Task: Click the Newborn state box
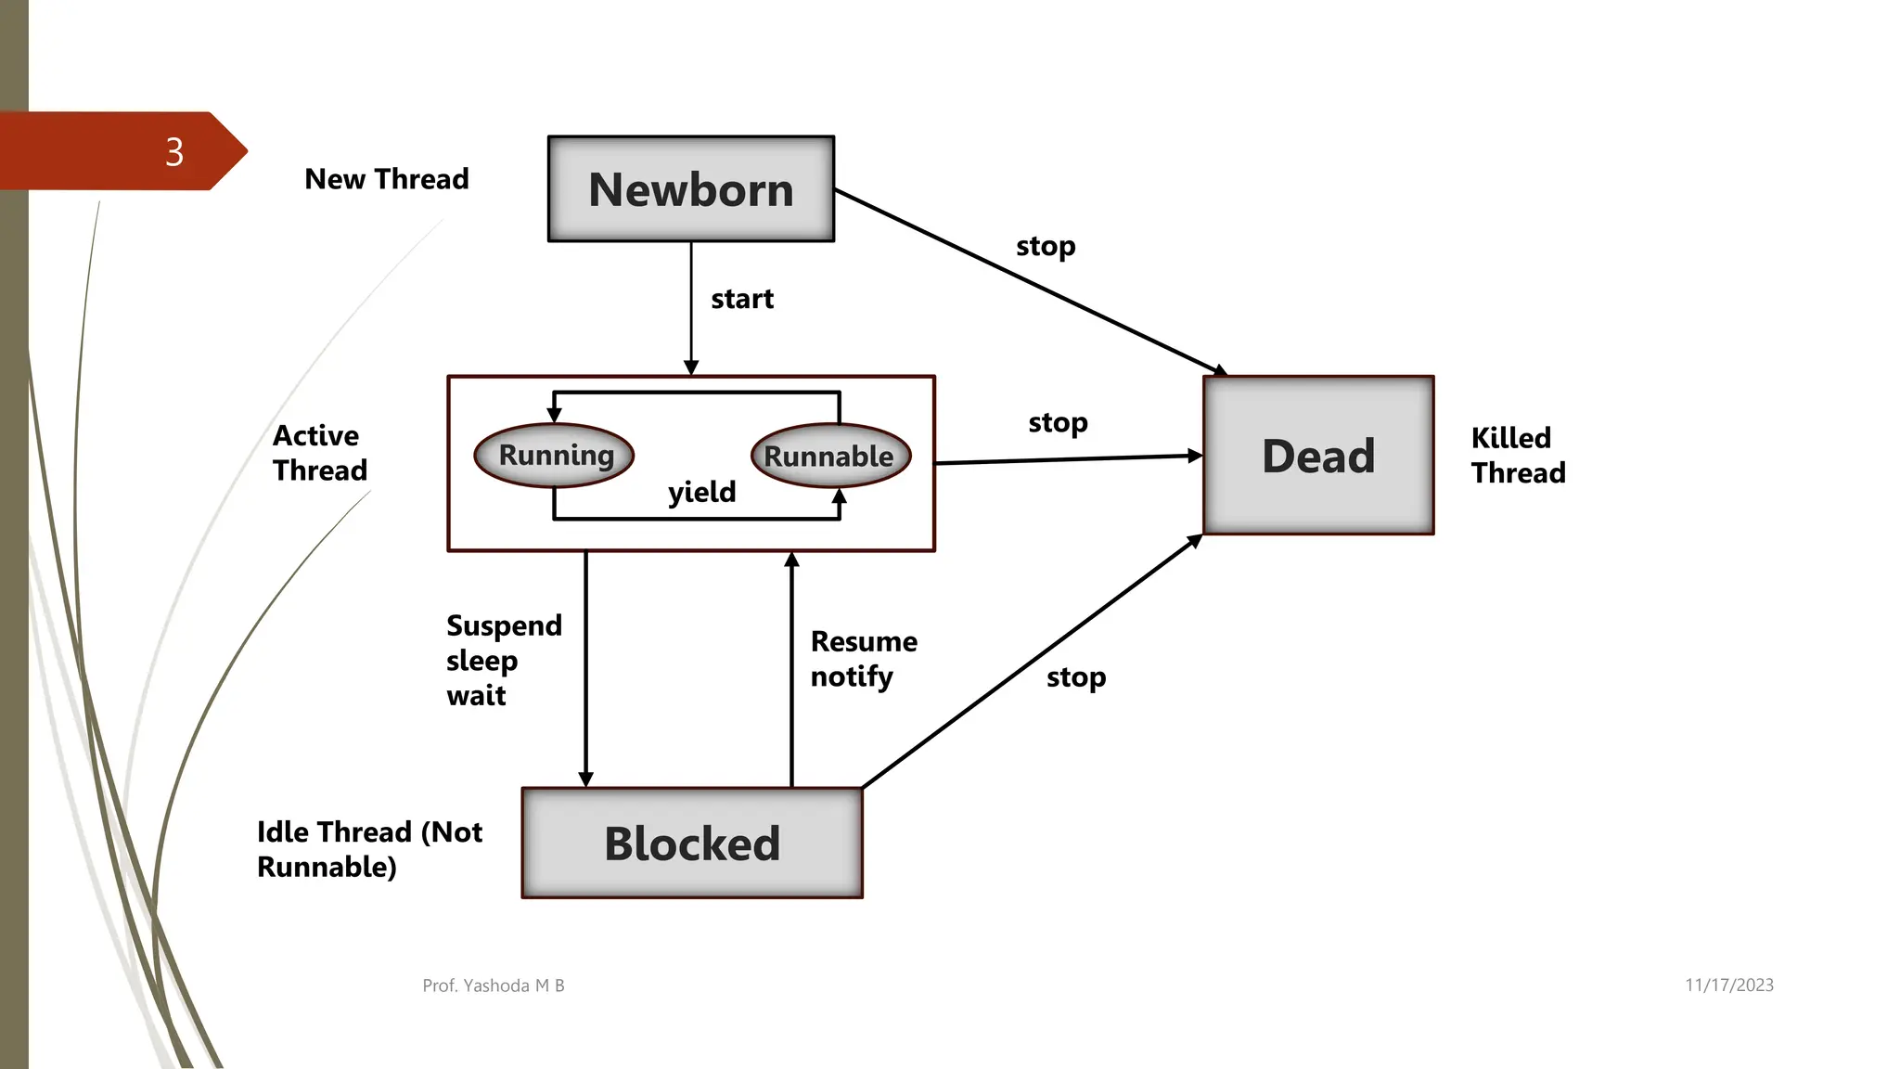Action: tap(691, 189)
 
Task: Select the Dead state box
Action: tap(1318, 456)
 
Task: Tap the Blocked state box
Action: tap(692, 844)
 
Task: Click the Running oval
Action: tap(555, 455)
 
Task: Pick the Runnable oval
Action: tap(829, 456)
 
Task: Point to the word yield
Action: tap(702, 492)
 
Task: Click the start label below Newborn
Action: tap(742, 299)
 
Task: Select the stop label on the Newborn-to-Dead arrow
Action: tap(1046, 247)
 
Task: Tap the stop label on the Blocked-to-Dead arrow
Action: tap(1076, 677)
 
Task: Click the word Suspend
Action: tap(504, 626)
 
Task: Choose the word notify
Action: tap(852, 676)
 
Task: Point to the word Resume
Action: tap(864, 641)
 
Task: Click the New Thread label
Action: tap(387, 179)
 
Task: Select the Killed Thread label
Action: tap(1518, 456)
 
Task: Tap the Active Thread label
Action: tap(319, 453)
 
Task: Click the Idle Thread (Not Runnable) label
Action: tap(369, 849)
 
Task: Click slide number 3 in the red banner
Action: tap(174, 152)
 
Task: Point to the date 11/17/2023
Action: tap(1729, 985)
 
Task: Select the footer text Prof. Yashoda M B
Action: tap(494, 985)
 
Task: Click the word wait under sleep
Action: tap(476, 696)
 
